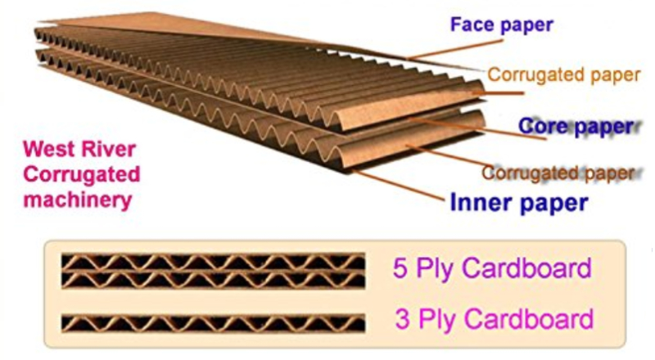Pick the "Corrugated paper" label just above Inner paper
(558, 173)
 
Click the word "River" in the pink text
(102, 149)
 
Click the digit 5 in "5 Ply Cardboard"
(400, 269)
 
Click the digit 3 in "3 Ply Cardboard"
(400, 317)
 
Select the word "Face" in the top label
(470, 25)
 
